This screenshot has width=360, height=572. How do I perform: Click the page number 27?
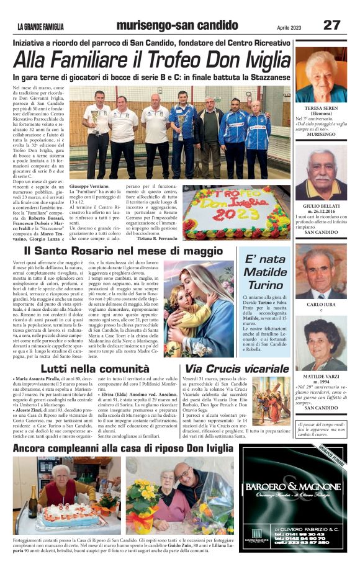(331, 25)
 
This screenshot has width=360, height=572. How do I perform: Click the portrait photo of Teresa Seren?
(321, 74)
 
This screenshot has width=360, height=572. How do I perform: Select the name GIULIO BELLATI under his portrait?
(321, 205)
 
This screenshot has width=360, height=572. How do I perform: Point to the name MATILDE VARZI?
(321, 377)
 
